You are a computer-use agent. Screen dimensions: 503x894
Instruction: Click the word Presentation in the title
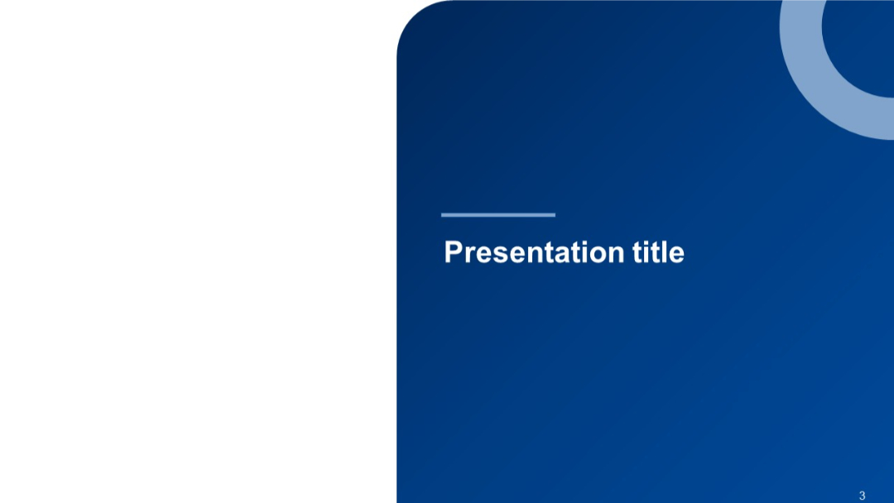point(535,252)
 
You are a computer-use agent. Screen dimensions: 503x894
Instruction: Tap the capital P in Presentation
point(452,252)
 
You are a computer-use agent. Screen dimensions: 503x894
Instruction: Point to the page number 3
point(862,496)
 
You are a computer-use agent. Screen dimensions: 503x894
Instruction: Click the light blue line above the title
point(498,215)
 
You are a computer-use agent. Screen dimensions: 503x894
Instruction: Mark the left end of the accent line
point(443,215)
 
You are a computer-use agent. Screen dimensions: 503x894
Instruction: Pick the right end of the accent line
point(554,215)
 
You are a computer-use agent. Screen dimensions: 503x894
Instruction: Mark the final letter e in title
point(678,254)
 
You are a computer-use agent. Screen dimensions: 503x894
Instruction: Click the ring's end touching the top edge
point(800,3)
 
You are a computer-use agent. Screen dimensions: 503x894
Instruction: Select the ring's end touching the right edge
point(890,117)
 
